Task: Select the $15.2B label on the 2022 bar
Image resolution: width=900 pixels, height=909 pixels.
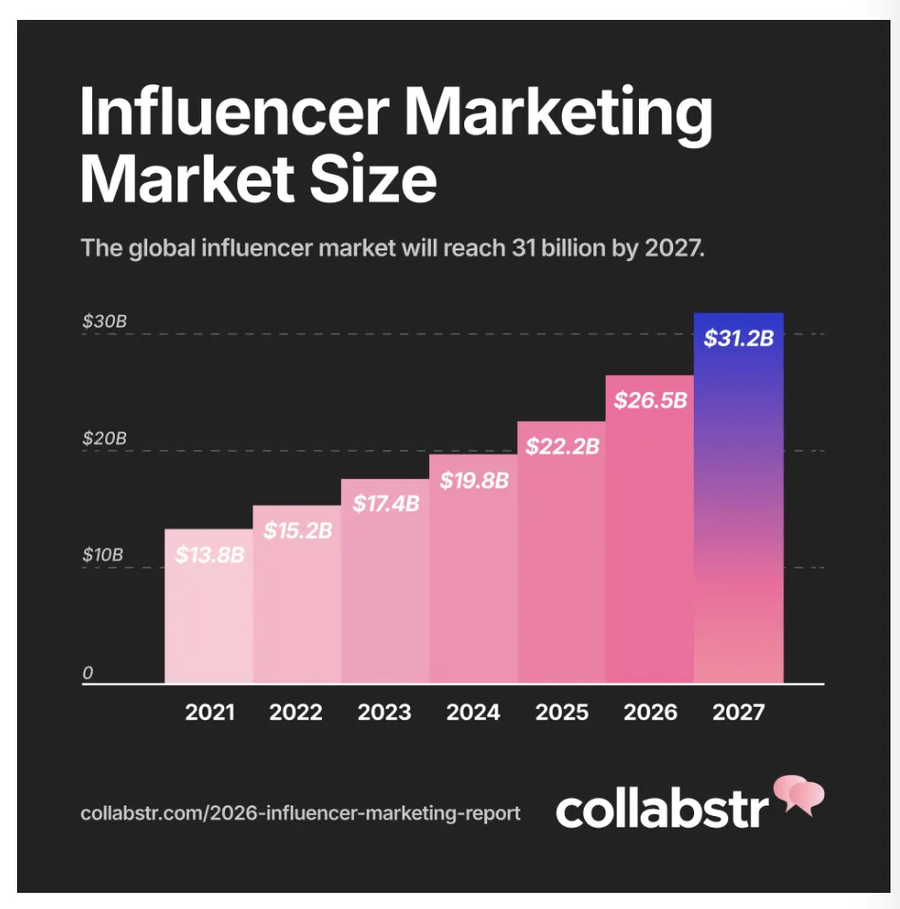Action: pos(297,531)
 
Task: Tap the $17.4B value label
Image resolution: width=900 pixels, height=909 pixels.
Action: pos(385,504)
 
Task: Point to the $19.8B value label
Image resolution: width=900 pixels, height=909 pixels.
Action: pos(474,481)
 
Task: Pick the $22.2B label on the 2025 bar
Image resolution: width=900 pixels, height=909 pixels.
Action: pos(562,446)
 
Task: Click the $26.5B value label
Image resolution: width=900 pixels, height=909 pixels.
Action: pos(650,399)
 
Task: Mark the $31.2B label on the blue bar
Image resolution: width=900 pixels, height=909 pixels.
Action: pos(739,339)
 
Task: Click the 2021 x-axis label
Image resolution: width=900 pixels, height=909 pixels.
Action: pos(209,712)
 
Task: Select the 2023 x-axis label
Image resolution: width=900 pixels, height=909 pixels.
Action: pos(384,712)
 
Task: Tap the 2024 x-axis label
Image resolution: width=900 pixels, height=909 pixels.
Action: pos(473,712)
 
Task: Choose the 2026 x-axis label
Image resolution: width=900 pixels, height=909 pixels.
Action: pos(650,712)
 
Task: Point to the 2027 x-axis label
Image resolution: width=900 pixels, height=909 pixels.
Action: pos(738,712)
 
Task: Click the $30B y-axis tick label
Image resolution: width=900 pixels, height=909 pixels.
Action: pos(103,322)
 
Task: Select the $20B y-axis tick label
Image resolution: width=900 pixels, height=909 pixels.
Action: pos(103,439)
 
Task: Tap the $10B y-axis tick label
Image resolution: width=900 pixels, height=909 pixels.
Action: pos(103,555)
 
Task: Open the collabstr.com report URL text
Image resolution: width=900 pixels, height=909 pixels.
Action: pos(300,813)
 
